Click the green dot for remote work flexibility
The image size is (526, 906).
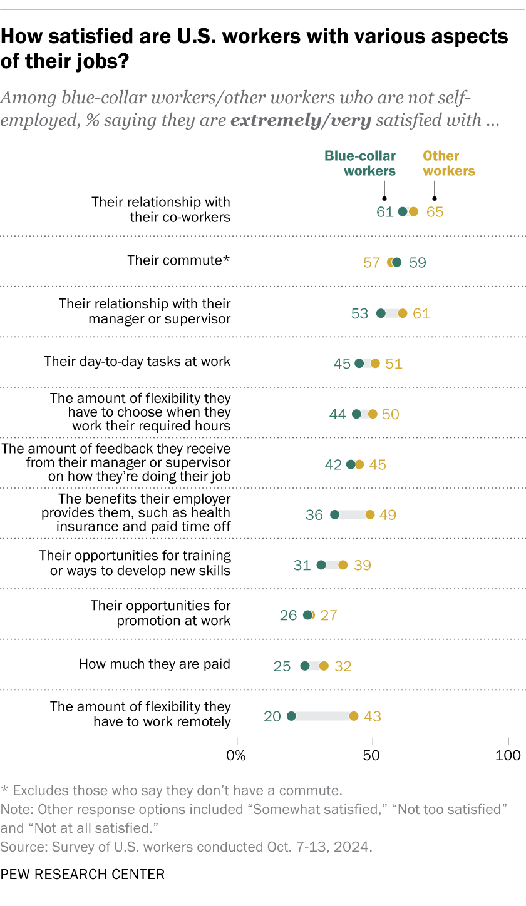click(291, 716)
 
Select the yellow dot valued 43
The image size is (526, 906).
click(354, 716)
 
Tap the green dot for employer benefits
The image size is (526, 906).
click(334, 514)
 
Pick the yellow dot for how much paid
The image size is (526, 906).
click(324, 666)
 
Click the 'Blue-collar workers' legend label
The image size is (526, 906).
click(360, 163)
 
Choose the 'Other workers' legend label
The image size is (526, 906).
click(449, 163)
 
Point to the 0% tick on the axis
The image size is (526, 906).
click(237, 755)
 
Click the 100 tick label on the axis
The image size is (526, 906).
click(508, 755)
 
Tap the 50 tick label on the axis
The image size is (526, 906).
click(373, 755)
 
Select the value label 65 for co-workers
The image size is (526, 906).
click(435, 212)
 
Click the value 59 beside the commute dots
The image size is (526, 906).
click(418, 263)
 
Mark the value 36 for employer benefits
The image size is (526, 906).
click(314, 515)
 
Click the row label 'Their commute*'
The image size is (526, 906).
click(179, 260)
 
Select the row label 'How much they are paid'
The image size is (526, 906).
click(155, 664)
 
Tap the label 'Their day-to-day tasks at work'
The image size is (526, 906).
click(137, 362)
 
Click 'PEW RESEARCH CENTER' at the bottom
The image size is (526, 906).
click(83, 874)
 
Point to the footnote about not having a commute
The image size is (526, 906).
click(172, 790)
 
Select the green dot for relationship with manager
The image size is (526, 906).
click(381, 313)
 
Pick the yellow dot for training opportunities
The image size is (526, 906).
click(343, 565)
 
